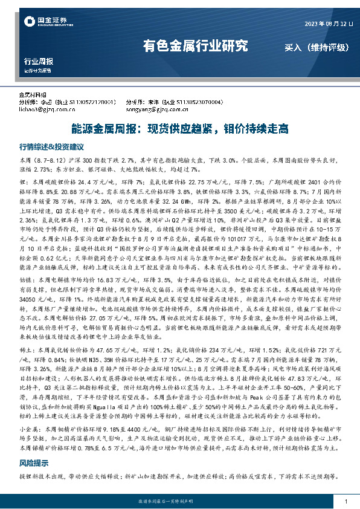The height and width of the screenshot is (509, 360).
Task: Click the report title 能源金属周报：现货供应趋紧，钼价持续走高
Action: tap(179, 128)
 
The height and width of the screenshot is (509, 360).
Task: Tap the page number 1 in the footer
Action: tap(345, 502)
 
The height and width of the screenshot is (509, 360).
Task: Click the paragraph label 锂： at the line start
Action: tap(24, 181)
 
